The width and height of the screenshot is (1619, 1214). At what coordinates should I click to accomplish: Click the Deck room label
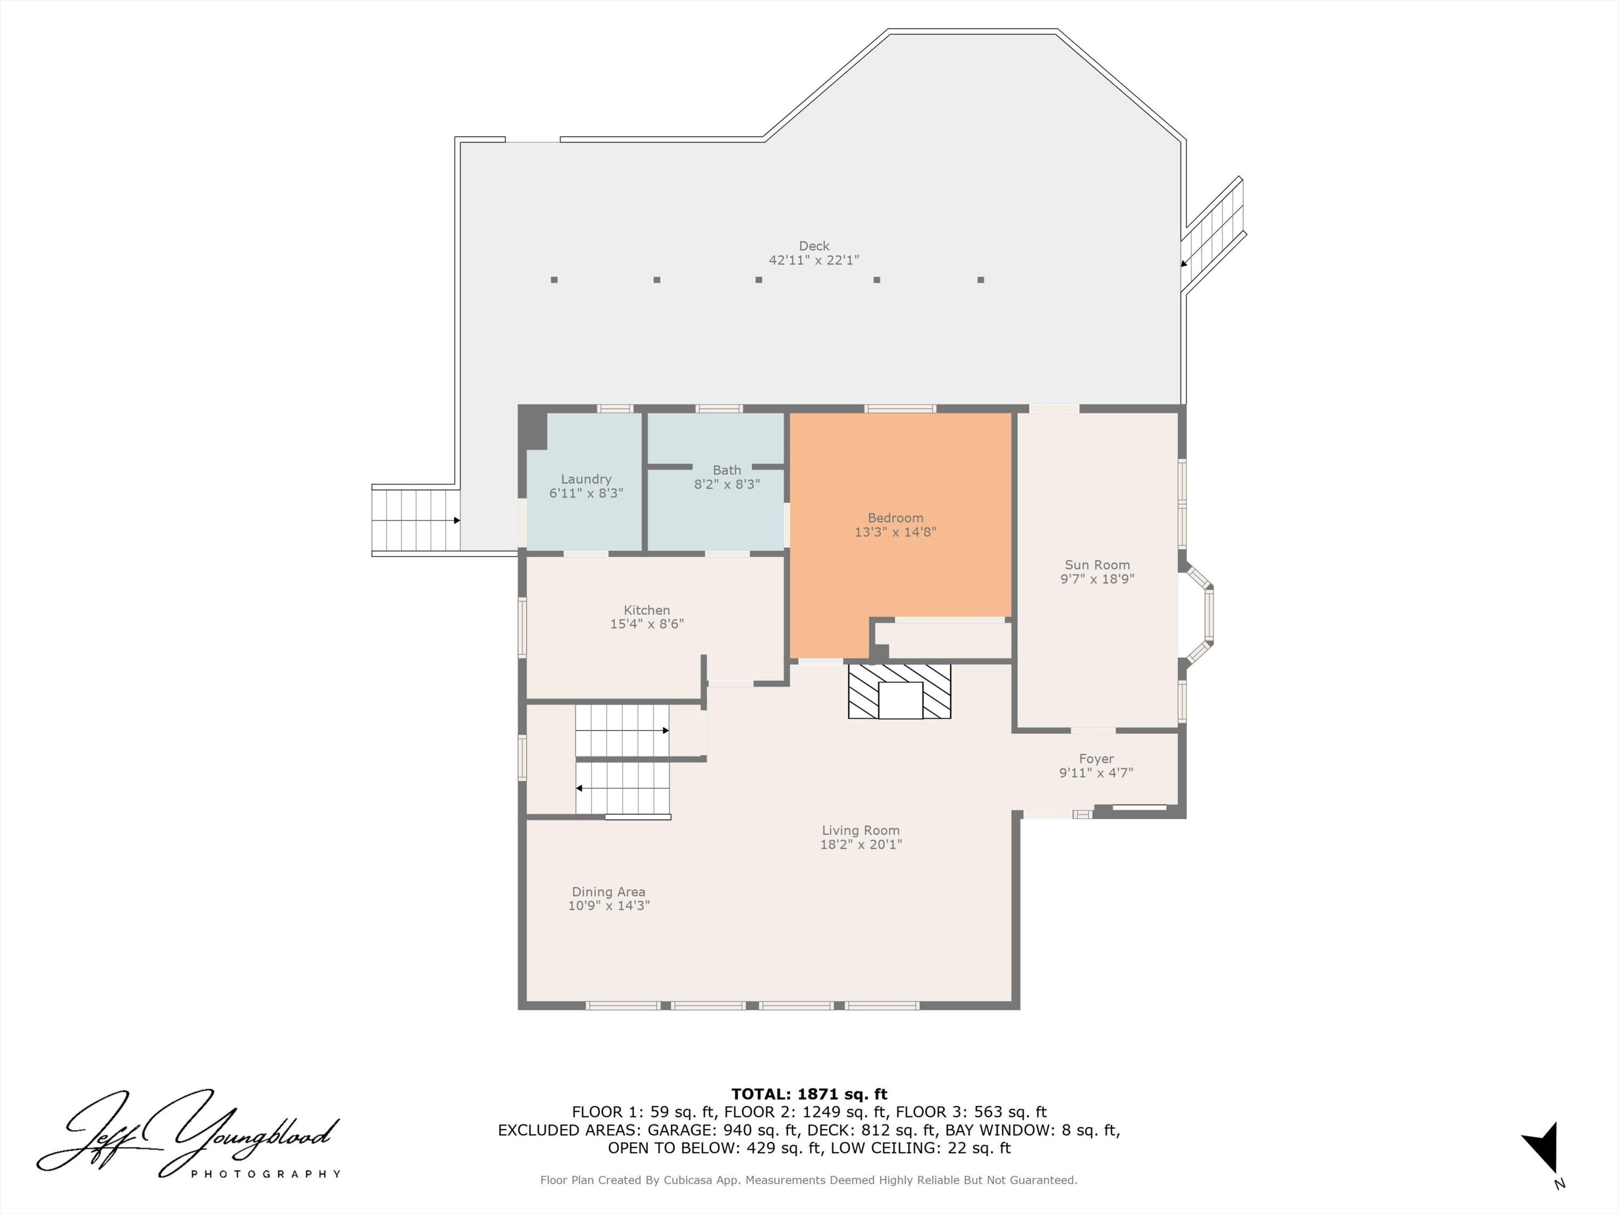(813, 246)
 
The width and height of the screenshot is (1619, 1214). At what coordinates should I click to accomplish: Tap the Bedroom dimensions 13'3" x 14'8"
(895, 532)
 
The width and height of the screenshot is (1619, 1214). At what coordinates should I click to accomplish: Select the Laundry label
(586, 479)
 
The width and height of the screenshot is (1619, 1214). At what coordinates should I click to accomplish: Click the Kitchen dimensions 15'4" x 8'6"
(647, 624)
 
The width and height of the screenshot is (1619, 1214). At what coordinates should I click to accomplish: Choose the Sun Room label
(1097, 565)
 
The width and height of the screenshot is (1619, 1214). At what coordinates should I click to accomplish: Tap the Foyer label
(1096, 759)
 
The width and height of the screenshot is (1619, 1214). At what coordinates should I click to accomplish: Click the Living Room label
(860, 830)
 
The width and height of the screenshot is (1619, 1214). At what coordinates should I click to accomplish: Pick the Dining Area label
(608, 892)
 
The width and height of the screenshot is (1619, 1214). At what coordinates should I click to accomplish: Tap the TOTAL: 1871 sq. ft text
(809, 1094)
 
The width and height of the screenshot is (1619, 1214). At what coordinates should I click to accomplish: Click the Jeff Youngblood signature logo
(187, 1130)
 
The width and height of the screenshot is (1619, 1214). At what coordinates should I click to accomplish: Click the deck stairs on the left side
(415, 520)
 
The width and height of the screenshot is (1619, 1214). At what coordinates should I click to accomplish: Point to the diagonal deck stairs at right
(1214, 234)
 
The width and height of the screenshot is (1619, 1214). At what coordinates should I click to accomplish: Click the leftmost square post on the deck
(554, 279)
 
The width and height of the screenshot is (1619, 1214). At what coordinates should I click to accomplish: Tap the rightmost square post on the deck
(980, 279)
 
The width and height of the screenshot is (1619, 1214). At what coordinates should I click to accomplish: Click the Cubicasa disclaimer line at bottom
(809, 1179)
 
